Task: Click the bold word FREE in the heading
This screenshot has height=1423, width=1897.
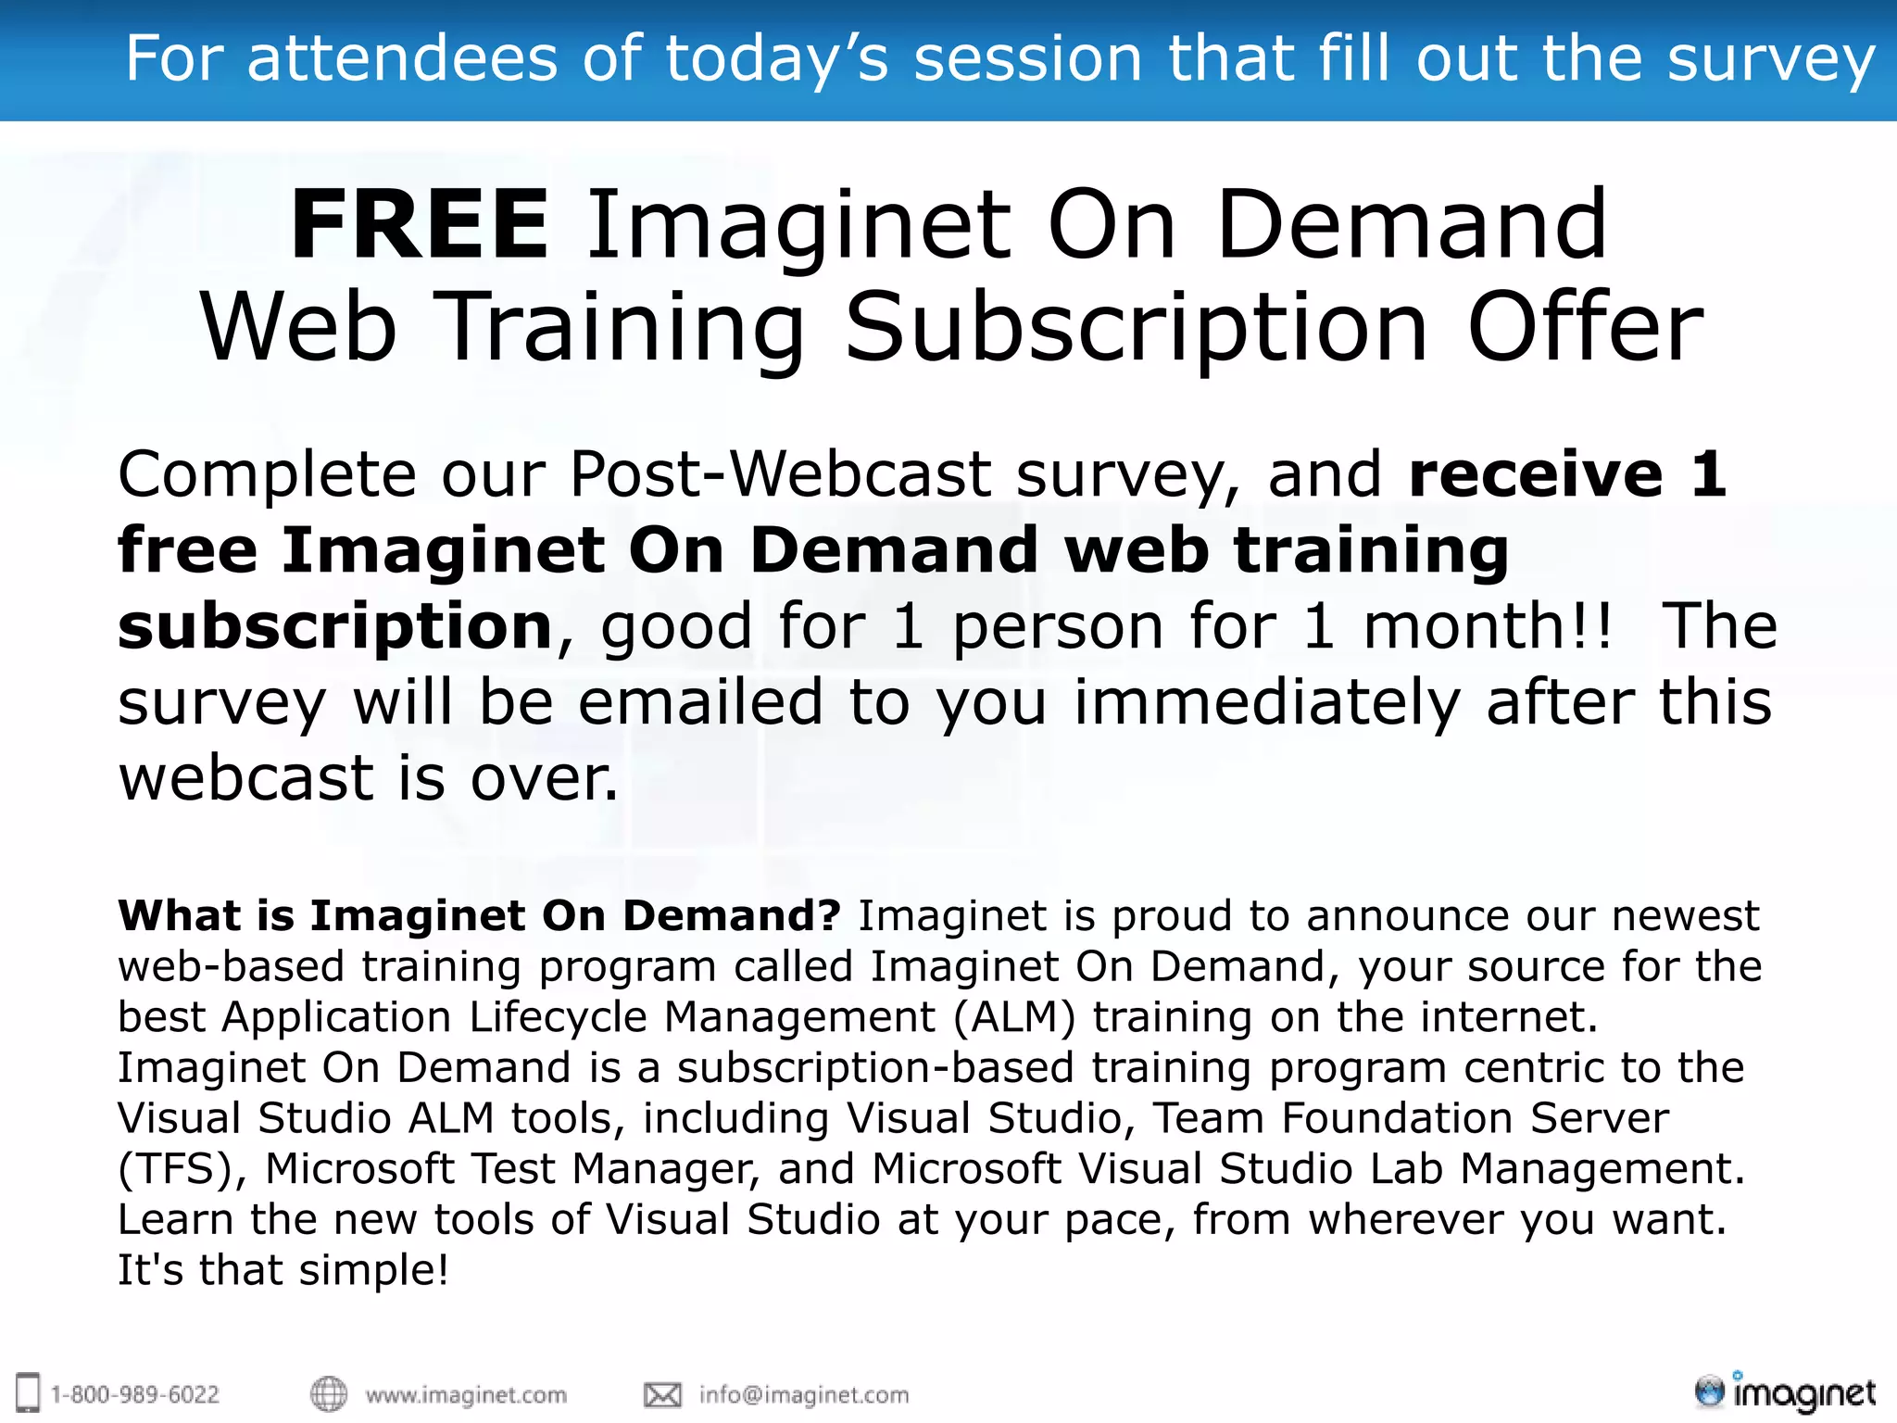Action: [420, 225]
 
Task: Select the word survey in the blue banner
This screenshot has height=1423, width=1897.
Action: [1770, 60]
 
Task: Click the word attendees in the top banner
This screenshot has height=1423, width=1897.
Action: [402, 58]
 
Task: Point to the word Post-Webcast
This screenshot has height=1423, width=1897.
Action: [780, 475]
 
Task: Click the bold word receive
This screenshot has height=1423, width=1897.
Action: [1535, 475]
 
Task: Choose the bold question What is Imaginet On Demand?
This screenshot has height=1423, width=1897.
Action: [479, 916]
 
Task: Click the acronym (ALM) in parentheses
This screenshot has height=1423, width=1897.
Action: [1014, 1017]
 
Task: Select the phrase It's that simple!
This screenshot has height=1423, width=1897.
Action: [283, 1270]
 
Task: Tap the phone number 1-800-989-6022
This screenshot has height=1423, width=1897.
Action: [134, 1395]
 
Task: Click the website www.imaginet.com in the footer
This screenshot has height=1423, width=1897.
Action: [466, 1395]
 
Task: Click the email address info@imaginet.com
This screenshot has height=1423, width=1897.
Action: [804, 1395]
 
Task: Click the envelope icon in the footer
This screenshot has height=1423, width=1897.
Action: [662, 1395]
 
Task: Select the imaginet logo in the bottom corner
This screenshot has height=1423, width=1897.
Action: [1784, 1392]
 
